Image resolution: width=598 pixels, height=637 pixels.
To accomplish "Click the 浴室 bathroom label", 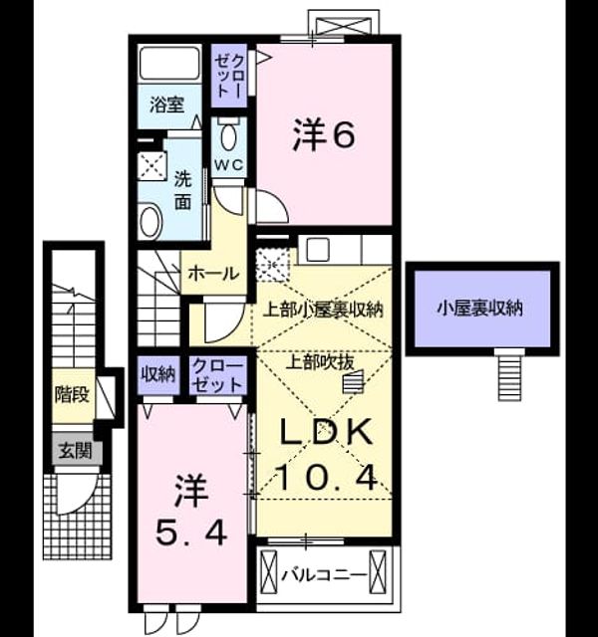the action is pyautogui.click(x=167, y=105).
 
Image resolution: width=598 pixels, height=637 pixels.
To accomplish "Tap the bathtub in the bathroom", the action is pyautogui.click(x=169, y=64).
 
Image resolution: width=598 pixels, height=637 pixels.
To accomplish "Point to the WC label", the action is pyautogui.click(x=229, y=165).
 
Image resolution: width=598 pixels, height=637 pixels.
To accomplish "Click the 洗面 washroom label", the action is pyautogui.click(x=182, y=190).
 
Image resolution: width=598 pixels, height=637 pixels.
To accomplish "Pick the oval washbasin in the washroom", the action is pyautogui.click(x=150, y=222).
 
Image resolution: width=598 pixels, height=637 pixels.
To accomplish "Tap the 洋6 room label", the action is pyautogui.click(x=324, y=134).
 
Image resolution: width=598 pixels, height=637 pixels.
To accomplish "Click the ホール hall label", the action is pyautogui.click(x=214, y=274).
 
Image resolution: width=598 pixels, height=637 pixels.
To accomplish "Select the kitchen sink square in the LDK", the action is pyautogui.click(x=318, y=249).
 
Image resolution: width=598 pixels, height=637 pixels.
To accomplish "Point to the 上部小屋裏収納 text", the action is pyautogui.click(x=324, y=310).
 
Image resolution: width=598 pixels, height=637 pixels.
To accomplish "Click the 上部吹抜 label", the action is pyautogui.click(x=320, y=361).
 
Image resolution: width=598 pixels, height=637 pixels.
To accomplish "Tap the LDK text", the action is pyautogui.click(x=327, y=431).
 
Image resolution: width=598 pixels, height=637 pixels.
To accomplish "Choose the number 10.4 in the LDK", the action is pyautogui.click(x=327, y=478).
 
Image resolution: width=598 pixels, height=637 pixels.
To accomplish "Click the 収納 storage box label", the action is pyautogui.click(x=158, y=374).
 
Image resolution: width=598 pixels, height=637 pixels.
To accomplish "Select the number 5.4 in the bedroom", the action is pyautogui.click(x=191, y=532).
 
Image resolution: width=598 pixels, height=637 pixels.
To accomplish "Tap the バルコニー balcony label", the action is pyautogui.click(x=324, y=575).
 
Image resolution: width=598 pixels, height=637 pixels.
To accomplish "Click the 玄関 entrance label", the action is pyautogui.click(x=76, y=450).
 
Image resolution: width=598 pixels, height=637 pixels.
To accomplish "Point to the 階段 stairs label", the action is pyautogui.click(x=73, y=394).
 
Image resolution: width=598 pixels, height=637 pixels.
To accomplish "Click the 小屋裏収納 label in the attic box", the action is pyautogui.click(x=480, y=309).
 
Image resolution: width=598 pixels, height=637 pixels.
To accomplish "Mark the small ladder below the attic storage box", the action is pyautogui.click(x=510, y=374).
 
